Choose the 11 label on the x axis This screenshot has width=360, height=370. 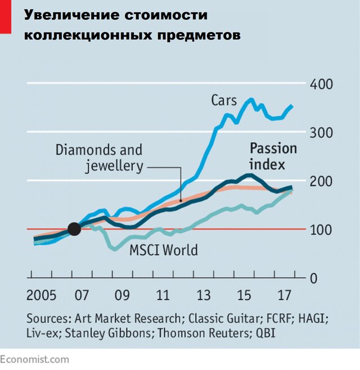coord(163,296)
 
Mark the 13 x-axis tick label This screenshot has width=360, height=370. coord(203,296)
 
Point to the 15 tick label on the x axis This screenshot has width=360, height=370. coord(244,296)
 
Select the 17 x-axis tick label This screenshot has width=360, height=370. coord(284,296)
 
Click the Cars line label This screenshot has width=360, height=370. coord(224,100)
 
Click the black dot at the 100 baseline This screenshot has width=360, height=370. coord(74,228)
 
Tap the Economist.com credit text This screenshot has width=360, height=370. coord(35,359)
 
